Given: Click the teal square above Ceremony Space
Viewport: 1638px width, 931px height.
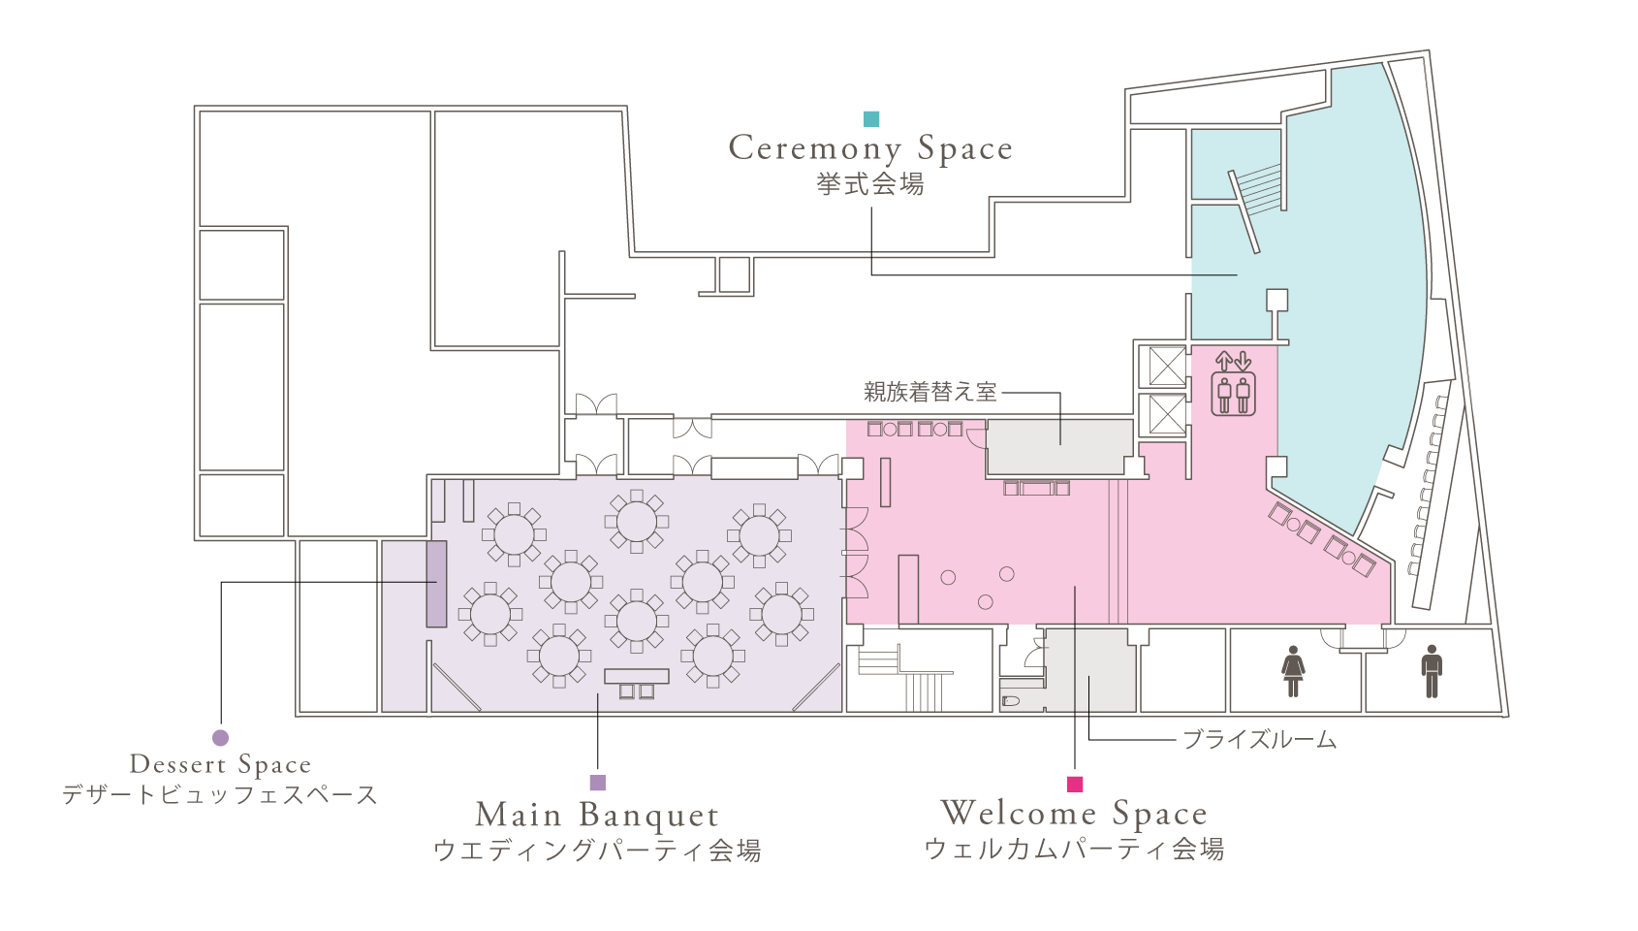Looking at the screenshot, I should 871,119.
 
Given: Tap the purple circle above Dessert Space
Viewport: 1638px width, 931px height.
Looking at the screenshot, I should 220,738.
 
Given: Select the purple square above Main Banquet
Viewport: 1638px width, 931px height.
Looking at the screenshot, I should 598,783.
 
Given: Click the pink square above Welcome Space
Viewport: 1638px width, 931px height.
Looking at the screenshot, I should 1074,784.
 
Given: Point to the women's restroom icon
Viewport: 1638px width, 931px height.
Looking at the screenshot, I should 1293,671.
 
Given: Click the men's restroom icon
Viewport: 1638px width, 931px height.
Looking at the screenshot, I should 1432,671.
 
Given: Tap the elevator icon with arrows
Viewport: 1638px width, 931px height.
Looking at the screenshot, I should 1233,384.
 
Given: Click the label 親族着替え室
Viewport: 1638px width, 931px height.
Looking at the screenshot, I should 929,392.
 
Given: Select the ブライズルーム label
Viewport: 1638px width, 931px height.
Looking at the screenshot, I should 1259,740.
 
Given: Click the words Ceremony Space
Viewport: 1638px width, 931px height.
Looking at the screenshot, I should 870,148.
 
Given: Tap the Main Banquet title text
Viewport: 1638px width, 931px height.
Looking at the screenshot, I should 597,815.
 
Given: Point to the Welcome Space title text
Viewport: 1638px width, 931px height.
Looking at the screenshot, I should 1074,813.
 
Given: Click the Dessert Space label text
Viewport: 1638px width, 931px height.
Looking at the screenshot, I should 220,765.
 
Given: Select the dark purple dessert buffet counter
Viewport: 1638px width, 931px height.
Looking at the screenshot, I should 436,584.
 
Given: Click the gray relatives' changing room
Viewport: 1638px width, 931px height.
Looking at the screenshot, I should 1059,446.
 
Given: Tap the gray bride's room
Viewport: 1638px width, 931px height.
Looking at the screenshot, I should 1090,670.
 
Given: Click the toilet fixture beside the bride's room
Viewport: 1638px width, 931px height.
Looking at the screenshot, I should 1011,699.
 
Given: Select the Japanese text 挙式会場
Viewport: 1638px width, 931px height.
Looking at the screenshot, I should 870,184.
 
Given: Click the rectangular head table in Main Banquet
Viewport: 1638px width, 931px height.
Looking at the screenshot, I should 637,676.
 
